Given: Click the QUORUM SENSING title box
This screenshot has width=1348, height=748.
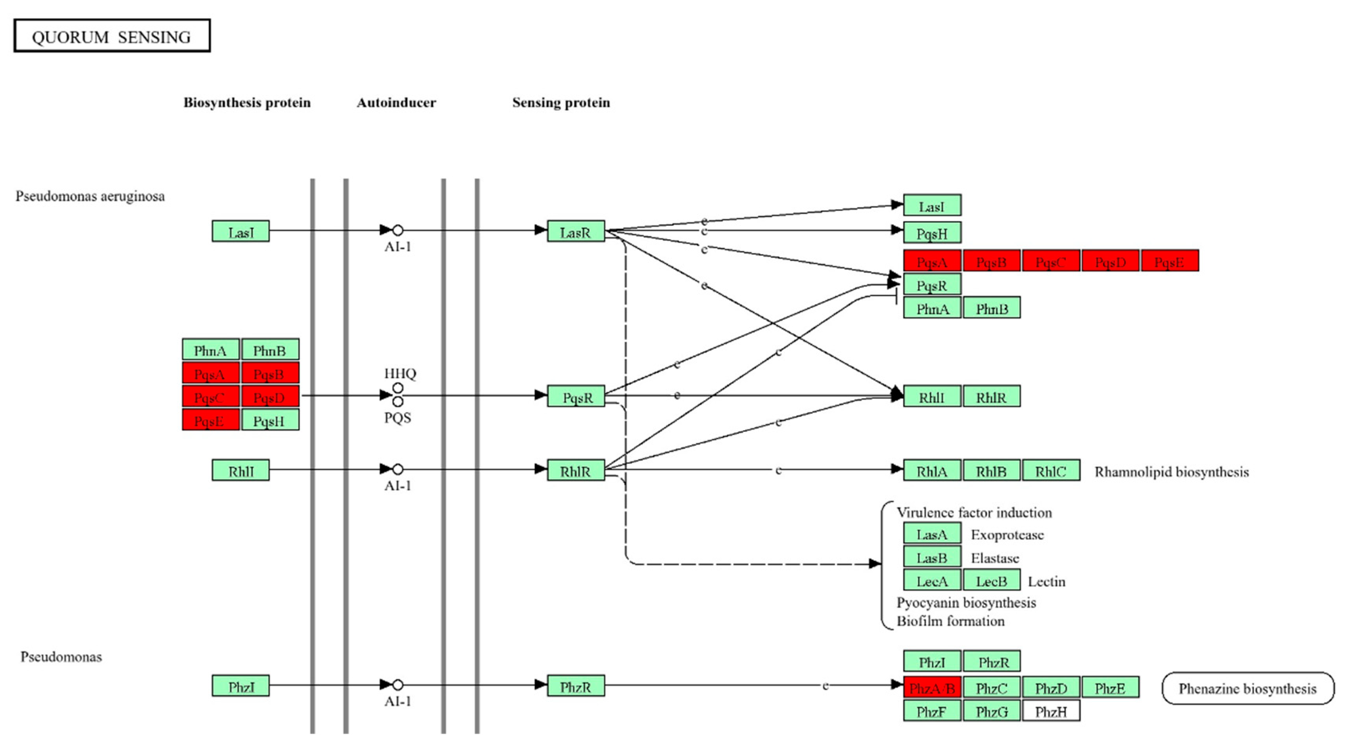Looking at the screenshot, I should coord(112,36).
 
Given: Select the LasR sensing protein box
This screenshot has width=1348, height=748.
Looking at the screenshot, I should coord(576,231).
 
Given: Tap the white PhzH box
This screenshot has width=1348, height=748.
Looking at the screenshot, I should coord(1050,711).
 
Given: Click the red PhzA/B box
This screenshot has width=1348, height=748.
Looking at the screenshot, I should coord(932,688).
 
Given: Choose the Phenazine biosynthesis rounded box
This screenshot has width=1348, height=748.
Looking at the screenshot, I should coord(1247,689).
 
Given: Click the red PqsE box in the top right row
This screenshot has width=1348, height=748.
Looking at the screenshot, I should coord(1169,261).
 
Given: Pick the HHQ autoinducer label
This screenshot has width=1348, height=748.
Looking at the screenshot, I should coord(400,373).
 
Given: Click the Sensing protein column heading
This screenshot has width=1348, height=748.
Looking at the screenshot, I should coord(561,103).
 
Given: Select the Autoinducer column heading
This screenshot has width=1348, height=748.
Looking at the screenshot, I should coord(396,103).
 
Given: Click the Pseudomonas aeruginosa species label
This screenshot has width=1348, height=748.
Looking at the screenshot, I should coord(90,196).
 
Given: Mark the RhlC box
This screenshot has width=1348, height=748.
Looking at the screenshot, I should coord(1051,471).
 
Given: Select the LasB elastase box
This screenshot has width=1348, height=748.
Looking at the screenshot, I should coord(932,557).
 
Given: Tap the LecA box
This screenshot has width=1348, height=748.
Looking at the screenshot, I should coord(932,580).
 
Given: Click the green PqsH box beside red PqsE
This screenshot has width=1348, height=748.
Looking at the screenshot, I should coord(270,420).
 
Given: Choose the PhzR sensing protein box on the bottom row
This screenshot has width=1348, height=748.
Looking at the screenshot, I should coord(576,686).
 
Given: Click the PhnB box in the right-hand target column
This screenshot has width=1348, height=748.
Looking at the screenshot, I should coord(992,308).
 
